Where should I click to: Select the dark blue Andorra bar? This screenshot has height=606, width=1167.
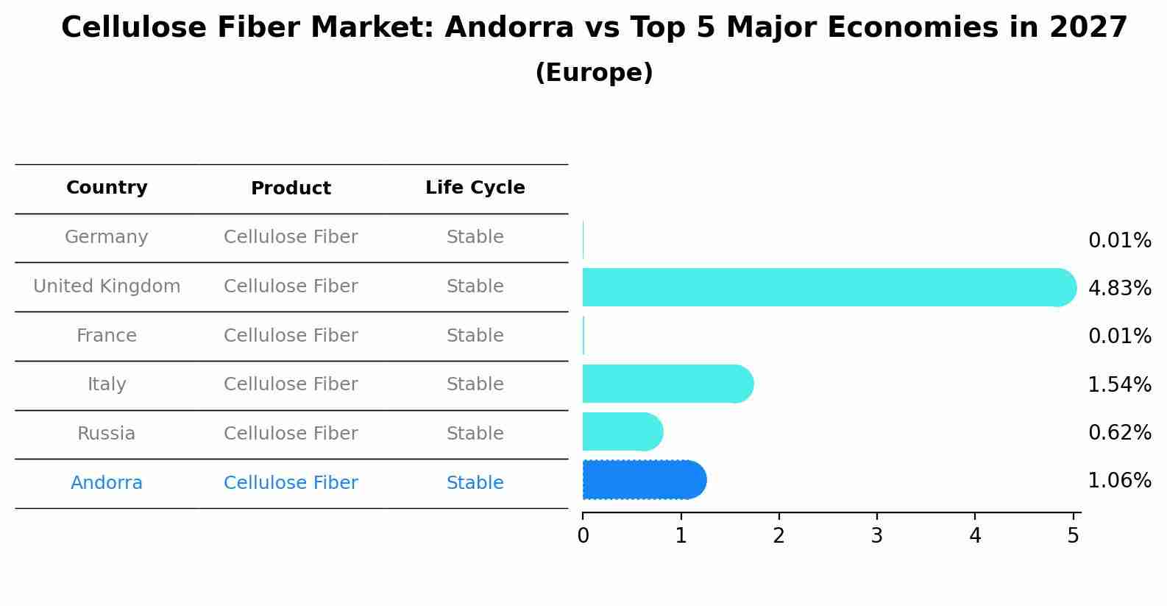pyautogui.click(x=644, y=480)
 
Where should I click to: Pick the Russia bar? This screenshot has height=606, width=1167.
pyautogui.click(x=622, y=431)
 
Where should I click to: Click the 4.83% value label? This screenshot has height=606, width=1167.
pyautogui.click(x=1119, y=288)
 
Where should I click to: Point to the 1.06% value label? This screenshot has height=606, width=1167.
pyautogui.click(x=1119, y=481)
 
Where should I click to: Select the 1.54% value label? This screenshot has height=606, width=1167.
pyautogui.click(x=1119, y=384)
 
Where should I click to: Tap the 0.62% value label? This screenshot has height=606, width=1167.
pyautogui.click(x=1119, y=432)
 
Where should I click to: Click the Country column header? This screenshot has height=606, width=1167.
pyautogui.click(x=107, y=188)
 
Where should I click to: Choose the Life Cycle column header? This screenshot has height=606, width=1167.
pyautogui.click(x=475, y=188)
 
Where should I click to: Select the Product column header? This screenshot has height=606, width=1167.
pyautogui.click(x=291, y=189)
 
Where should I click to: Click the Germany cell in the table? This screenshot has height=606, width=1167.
pyautogui.click(x=107, y=237)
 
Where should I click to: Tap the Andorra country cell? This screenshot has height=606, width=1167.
pyautogui.click(x=107, y=483)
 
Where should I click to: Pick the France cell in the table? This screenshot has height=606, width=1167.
pyautogui.click(x=107, y=336)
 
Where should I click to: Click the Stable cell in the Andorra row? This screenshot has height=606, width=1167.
pyautogui.click(x=475, y=483)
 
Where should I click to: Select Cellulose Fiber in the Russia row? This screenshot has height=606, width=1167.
pyautogui.click(x=291, y=434)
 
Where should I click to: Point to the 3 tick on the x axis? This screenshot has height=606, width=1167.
pyautogui.click(x=876, y=535)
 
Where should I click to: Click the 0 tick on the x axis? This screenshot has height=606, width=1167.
pyautogui.click(x=583, y=535)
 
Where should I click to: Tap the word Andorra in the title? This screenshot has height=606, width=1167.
pyautogui.click(x=508, y=28)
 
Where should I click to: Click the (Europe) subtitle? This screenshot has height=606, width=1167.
pyautogui.click(x=594, y=73)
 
